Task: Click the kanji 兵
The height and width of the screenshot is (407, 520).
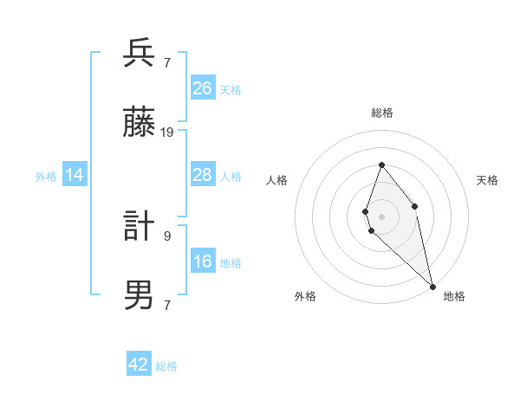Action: (x=140, y=54)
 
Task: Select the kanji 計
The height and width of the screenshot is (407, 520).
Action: (x=140, y=227)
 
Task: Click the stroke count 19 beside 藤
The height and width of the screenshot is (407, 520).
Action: (x=167, y=132)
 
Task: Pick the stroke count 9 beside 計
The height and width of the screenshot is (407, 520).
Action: (x=166, y=235)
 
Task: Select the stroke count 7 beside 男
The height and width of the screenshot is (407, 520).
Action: (x=166, y=304)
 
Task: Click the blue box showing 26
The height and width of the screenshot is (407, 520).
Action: (x=203, y=87)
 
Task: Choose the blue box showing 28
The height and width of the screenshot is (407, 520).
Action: (x=203, y=175)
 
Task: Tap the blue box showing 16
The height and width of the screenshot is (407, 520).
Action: (x=203, y=262)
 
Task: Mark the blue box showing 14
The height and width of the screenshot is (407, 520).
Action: (x=75, y=175)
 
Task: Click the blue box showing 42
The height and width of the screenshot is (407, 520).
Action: (x=139, y=365)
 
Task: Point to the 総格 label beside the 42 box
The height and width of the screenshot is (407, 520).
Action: (x=166, y=366)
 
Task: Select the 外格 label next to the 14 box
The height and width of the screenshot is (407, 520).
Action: (x=46, y=177)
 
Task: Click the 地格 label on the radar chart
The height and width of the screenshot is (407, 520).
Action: (x=454, y=296)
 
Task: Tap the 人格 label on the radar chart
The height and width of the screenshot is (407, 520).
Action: (x=276, y=180)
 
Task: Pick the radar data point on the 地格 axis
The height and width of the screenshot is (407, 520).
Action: (x=432, y=287)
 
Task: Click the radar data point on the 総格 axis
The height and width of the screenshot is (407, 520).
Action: (x=381, y=165)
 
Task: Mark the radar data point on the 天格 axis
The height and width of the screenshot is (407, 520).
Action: (x=415, y=206)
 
